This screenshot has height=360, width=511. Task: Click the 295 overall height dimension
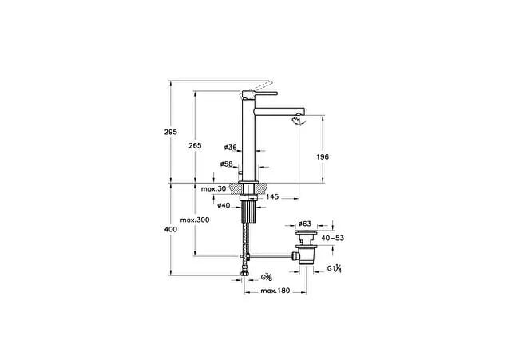[x=171, y=132]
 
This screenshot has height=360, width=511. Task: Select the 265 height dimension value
[x=195, y=145]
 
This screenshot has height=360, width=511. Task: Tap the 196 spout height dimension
[x=323, y=156]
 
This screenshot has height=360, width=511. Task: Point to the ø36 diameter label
[x=231, y=147]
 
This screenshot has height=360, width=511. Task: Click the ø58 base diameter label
[x=227, y=164]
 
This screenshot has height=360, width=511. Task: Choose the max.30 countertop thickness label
[x=213, y=188]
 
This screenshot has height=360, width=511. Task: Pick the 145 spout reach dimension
[x=272, y=196]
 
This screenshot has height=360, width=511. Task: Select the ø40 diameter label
[x=224, y=205]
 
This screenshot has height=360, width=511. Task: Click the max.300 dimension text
[x=195, y=220]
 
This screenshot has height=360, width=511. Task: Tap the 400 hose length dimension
[x=171, y=229]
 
